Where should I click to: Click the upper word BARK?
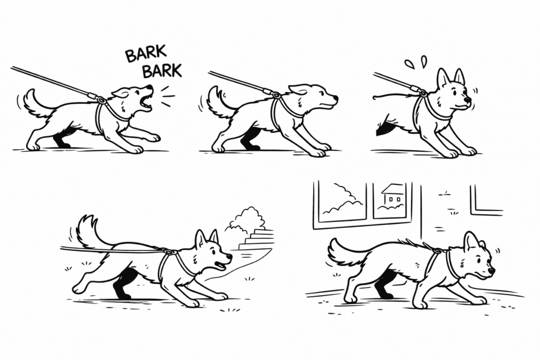(x=146, y=54)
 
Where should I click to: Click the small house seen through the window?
(x=392, y=194)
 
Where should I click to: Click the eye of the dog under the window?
(x=477, y=260)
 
